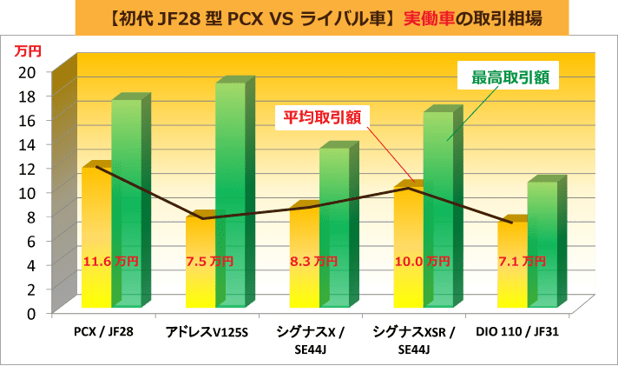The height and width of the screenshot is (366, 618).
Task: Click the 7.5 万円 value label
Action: [209, 261]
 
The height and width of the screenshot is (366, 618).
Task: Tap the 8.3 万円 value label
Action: [313, 261]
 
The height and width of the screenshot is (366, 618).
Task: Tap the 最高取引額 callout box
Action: [509, 77]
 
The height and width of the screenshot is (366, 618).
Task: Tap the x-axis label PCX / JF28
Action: [105, 332]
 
